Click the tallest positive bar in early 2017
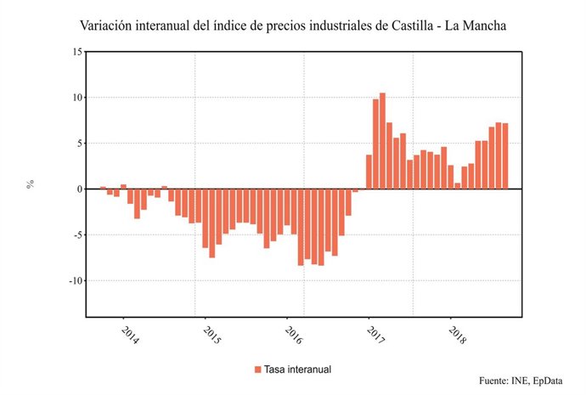point(382,141)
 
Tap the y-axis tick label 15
point(76,52)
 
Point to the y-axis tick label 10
point(76,98)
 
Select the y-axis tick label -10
point(74,281)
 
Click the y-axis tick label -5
point(76,235)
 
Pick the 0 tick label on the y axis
point(79,189)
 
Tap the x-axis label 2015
point(211,334)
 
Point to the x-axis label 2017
point(373,334)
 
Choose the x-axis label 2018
point(456,334)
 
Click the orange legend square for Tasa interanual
point(257,370)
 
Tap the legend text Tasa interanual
point(296,370)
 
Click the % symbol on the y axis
point(31,183)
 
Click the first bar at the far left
point(103,188)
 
